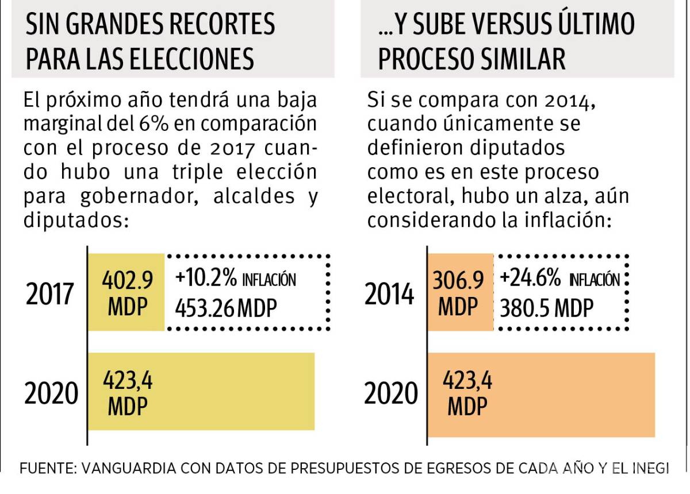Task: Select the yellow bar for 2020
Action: (x=201, y=391)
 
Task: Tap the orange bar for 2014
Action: (x=461, y=292)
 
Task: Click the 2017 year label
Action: (x=50, y=295)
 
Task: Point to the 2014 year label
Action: (x=389, y=295)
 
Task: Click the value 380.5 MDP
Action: (x=546, y=309)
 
